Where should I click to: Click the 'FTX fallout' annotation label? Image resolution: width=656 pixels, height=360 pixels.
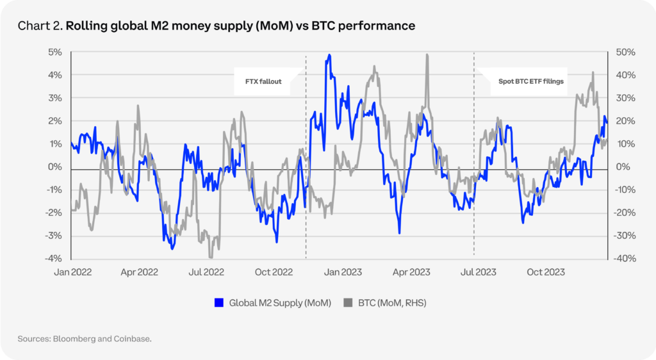(263, 82)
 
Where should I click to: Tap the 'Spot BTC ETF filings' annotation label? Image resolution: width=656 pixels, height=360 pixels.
(531, 82)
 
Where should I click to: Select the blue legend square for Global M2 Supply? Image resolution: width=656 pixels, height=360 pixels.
(218, 303)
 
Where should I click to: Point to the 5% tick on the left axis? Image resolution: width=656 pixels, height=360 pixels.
(56, 52)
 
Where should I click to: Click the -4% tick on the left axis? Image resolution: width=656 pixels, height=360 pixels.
(54, 258)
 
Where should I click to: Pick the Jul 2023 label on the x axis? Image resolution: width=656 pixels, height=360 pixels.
(477, 272)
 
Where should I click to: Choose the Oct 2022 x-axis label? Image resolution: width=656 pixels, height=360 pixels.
(274, 272)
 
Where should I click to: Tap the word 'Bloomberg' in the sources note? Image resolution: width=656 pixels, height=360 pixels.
(77, 338)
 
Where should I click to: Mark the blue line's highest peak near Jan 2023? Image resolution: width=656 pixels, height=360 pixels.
(329, 56)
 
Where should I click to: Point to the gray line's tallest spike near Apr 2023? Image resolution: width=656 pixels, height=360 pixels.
(427, 55)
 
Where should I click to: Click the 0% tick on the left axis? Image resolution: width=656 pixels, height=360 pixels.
(56, 167)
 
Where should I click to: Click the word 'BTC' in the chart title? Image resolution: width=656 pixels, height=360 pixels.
(341, 26)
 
